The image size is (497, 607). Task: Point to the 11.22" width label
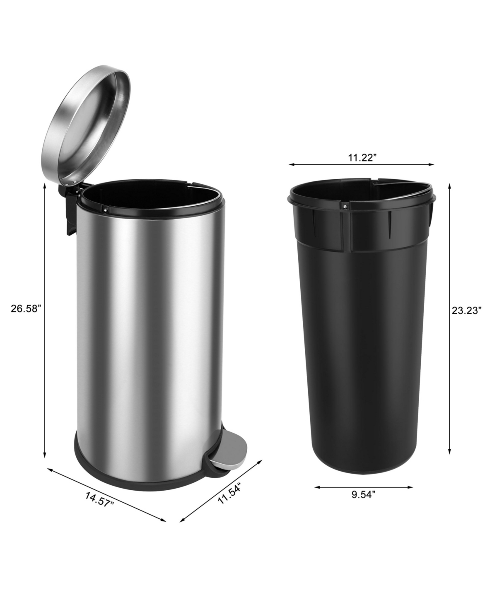362,157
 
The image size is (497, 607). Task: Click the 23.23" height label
466,311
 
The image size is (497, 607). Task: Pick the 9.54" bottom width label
364,494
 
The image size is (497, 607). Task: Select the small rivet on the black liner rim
344,204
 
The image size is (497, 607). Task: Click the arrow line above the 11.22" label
362,165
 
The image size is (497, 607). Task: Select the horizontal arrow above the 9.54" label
364,487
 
